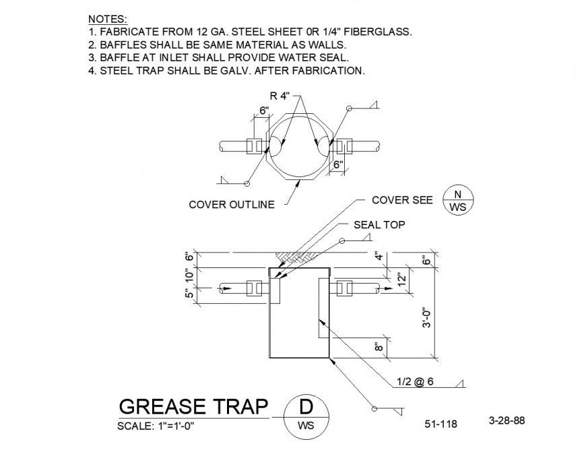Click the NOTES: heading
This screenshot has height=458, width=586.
click(x=108, y=19)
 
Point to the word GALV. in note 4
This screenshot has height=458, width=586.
click(x=234, y=71)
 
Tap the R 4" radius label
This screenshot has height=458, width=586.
click(x=280, y=96)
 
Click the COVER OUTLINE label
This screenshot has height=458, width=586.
click(x=232, y=205)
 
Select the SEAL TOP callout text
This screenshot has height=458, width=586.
click(x=379, y=224)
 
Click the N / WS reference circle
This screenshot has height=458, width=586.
click(x=458, y=200)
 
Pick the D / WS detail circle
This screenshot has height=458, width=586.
click(x=306, y=416)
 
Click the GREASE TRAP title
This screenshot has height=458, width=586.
click(x=193, y=406)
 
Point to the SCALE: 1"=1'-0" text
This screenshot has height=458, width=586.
click(x=156, y=426)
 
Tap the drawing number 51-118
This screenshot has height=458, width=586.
click(x=441, y=424)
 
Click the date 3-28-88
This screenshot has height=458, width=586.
click(x=507, y=420)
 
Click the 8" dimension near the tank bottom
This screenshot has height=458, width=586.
click(x=379, y=347)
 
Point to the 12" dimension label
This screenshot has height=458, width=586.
click(x=401, y=279)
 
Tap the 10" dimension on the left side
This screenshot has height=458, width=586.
click(x=189, y=275)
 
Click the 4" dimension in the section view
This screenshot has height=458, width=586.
click(x=379, y=257)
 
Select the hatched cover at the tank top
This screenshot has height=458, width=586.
click(x=296, y=256)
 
